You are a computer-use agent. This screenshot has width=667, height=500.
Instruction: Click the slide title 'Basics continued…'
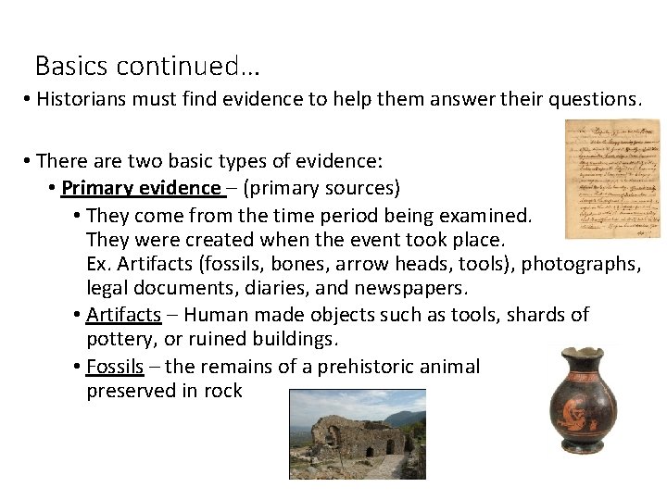point(147,67)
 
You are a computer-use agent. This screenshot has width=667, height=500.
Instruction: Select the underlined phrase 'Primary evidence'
point(141,189)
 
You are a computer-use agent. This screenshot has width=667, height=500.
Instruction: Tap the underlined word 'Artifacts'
point(123,315)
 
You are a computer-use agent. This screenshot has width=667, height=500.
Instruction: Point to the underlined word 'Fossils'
point(115,367)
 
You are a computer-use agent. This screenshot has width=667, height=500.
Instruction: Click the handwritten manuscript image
point(613,177)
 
